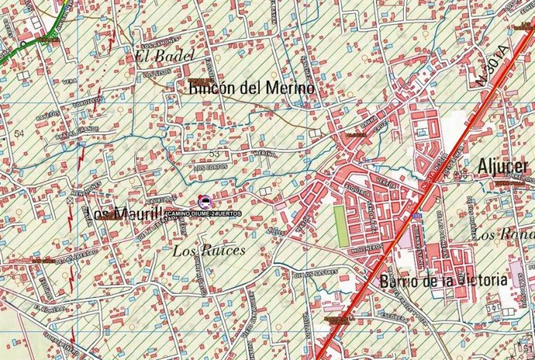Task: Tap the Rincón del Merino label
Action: (x=251, y=90)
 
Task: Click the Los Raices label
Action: (x=209, y=251)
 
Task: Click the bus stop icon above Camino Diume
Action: (x=204, y=201)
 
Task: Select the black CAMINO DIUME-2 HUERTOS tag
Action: (x=203, y=213)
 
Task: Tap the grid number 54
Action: (x=19, y=133)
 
